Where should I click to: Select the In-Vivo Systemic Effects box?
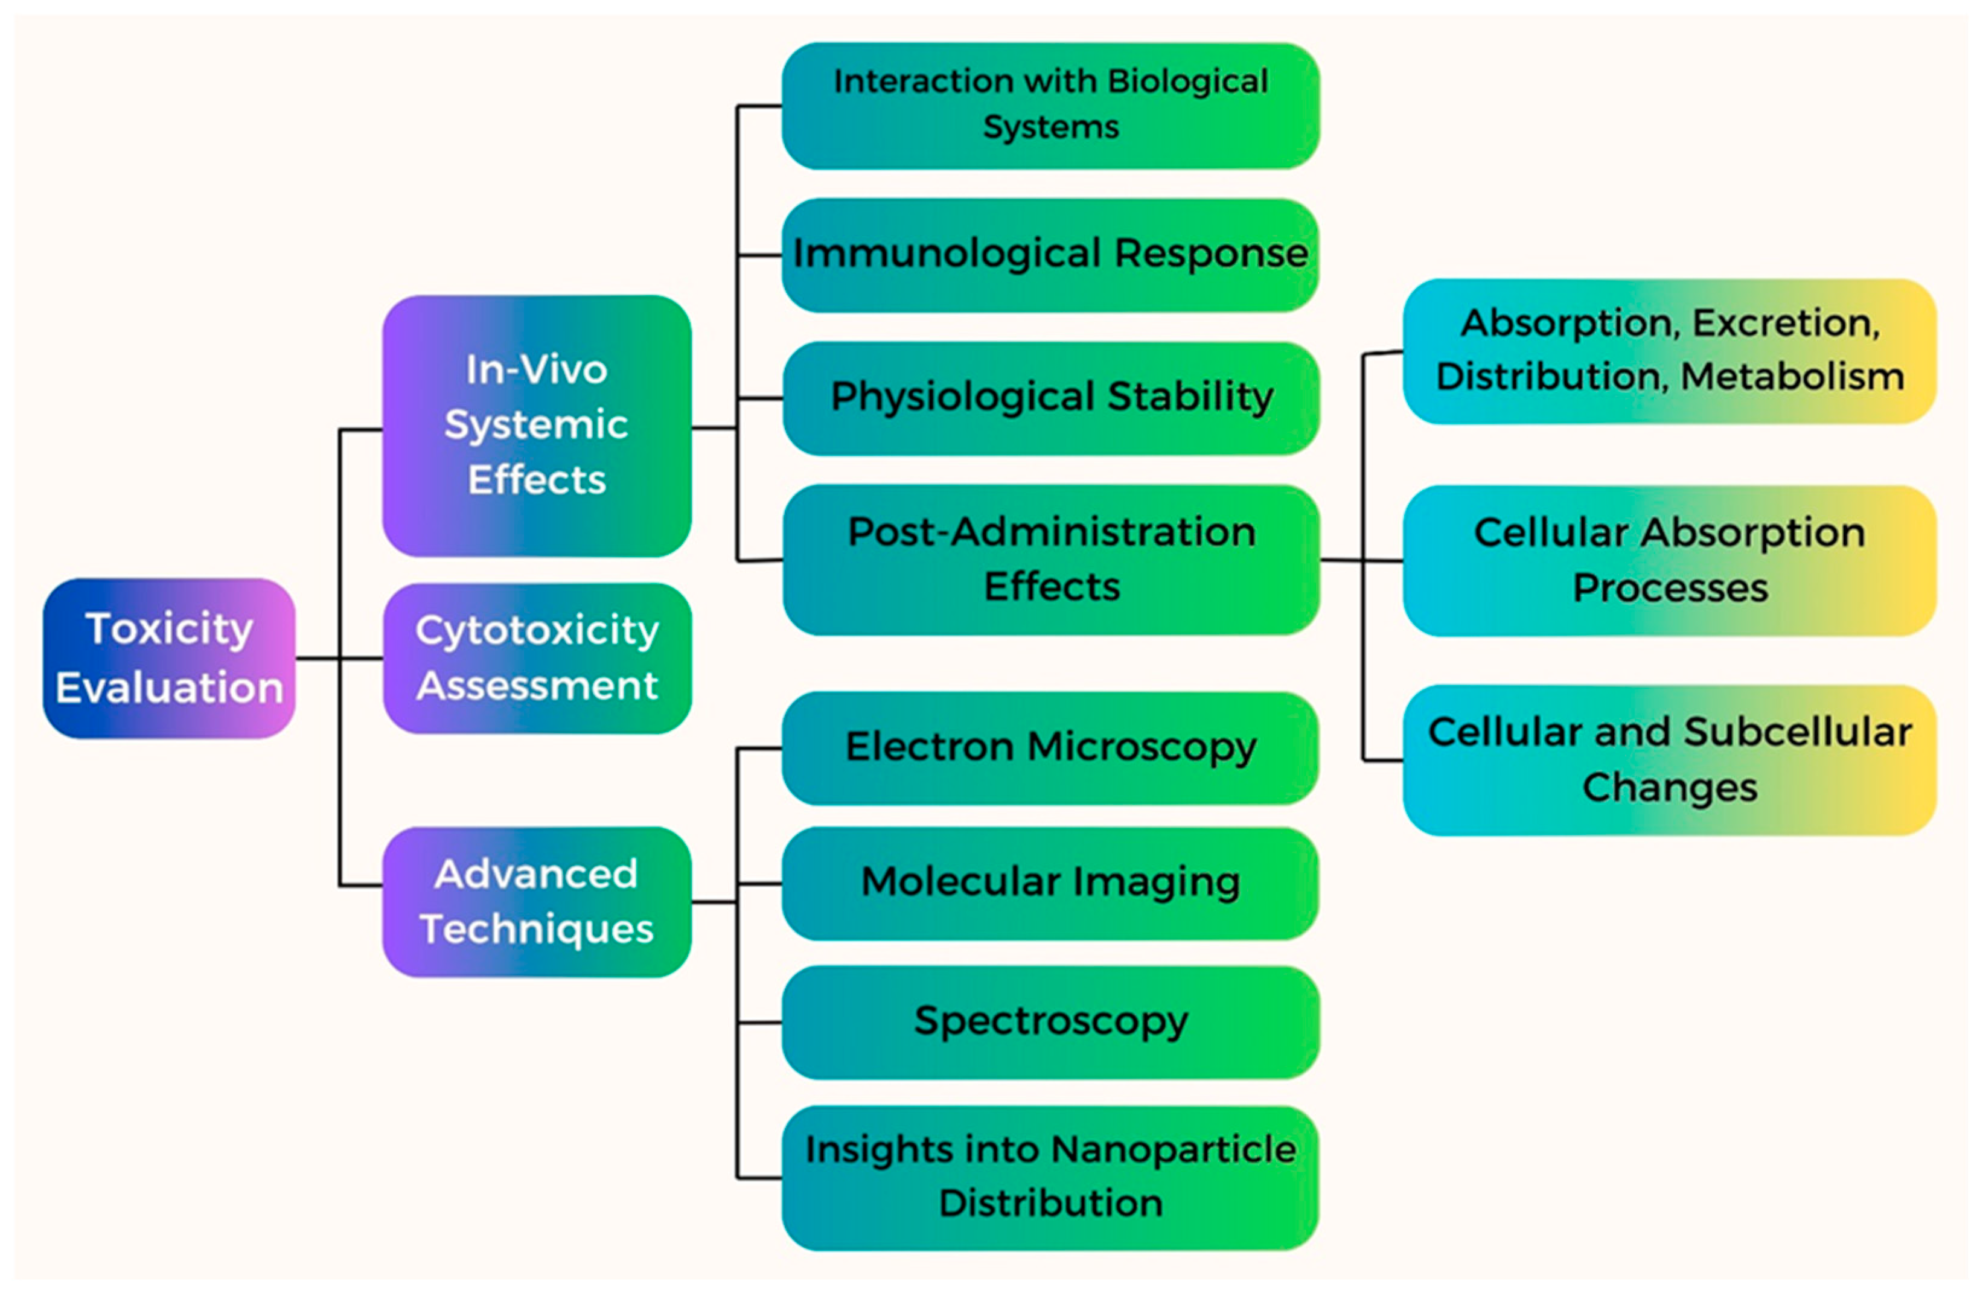537,425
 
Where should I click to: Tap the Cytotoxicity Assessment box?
537,658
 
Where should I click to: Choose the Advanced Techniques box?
537,901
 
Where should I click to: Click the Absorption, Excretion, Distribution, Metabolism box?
1670,351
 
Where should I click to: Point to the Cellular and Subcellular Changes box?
1670,759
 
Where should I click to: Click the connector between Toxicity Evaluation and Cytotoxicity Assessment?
339,659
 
